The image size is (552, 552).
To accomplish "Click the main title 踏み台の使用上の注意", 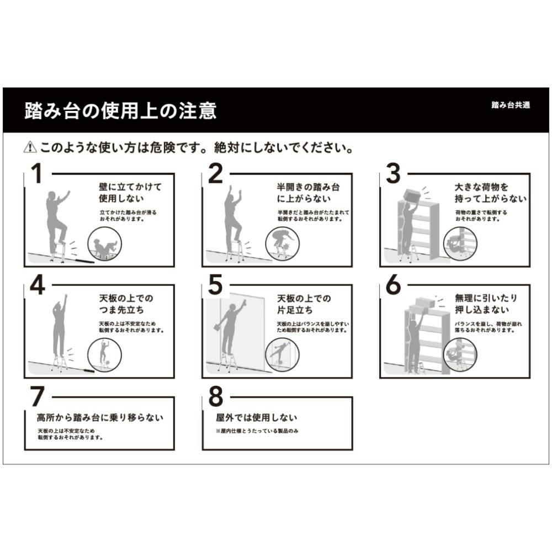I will click(120, 111).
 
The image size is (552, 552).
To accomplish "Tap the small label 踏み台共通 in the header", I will click(510, 105).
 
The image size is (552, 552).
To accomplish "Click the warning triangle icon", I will click(29, 148).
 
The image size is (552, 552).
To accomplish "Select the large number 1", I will click(36, 174).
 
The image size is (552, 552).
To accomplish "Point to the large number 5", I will click(215, 285).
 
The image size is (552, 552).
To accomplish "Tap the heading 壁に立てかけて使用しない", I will click(130, 192).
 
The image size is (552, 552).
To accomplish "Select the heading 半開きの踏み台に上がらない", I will click(308, 192).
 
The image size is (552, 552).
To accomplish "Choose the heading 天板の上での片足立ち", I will click(304, 304).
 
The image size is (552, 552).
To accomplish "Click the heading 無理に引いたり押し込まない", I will click(486, 304).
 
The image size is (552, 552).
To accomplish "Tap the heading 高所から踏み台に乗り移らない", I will click(100, 417).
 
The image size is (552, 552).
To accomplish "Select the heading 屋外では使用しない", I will click(256, 417).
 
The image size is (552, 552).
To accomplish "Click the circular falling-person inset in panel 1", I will click(105, 246).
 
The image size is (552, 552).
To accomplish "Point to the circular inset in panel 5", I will click(282, 354).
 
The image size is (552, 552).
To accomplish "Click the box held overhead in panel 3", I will click(412, 195).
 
